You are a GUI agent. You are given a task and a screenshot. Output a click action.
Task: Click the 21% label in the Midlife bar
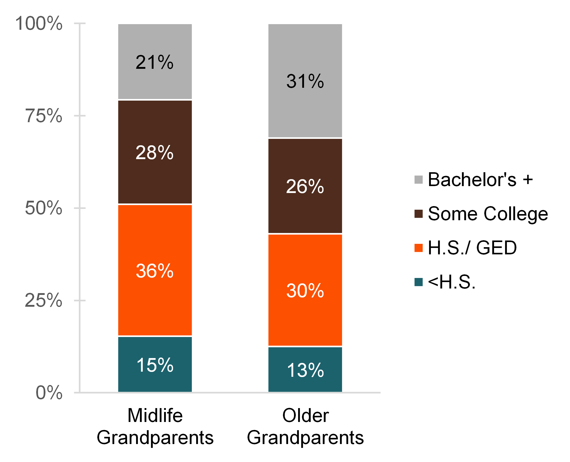click(x=154, y=63)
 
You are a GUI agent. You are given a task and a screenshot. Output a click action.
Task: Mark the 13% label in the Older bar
click(x=305, y=370)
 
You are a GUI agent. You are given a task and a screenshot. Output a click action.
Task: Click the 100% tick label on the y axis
click(x=39, y=23)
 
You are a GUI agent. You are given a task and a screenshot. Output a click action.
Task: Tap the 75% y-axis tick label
click(x=44, y=116)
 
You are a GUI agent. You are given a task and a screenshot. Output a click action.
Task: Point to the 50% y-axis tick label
click(x=44, y=208)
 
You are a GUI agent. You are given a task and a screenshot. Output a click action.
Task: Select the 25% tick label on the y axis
click(x=44, y=301)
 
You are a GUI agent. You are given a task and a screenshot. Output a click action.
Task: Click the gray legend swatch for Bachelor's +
click(x=419, y=180)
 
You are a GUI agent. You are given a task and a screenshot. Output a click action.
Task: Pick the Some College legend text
click(x=488, y=214)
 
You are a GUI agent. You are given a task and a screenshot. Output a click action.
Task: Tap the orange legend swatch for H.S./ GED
click(x=419, y=248)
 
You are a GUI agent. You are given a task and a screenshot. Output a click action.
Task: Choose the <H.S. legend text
click(x=452, y=282)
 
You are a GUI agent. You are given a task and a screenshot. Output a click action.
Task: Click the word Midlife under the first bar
click(x=155, y=416)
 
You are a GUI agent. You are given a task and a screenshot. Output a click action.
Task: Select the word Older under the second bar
click(x=305, y=416)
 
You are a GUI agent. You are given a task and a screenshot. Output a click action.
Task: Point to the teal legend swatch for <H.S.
click(x=419, y=282)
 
